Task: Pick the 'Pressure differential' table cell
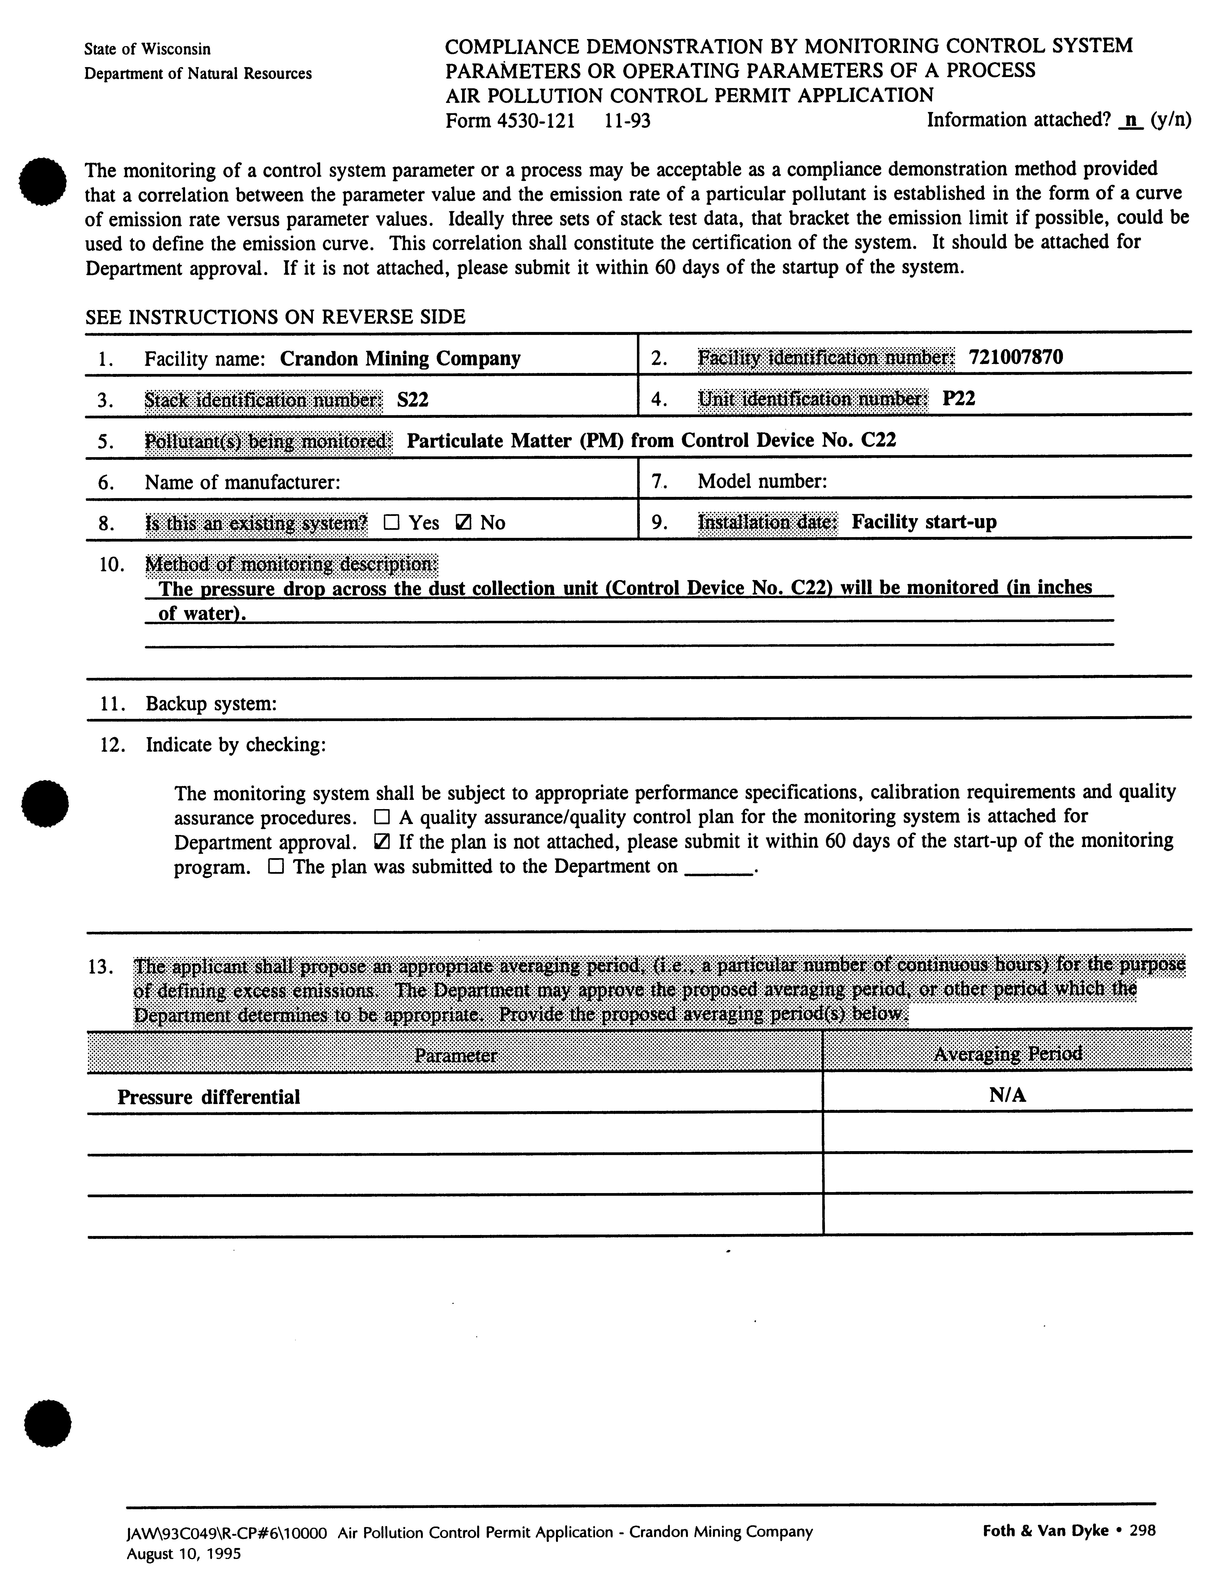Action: tap(208, 1097)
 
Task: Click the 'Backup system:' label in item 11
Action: tap(211, 704)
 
